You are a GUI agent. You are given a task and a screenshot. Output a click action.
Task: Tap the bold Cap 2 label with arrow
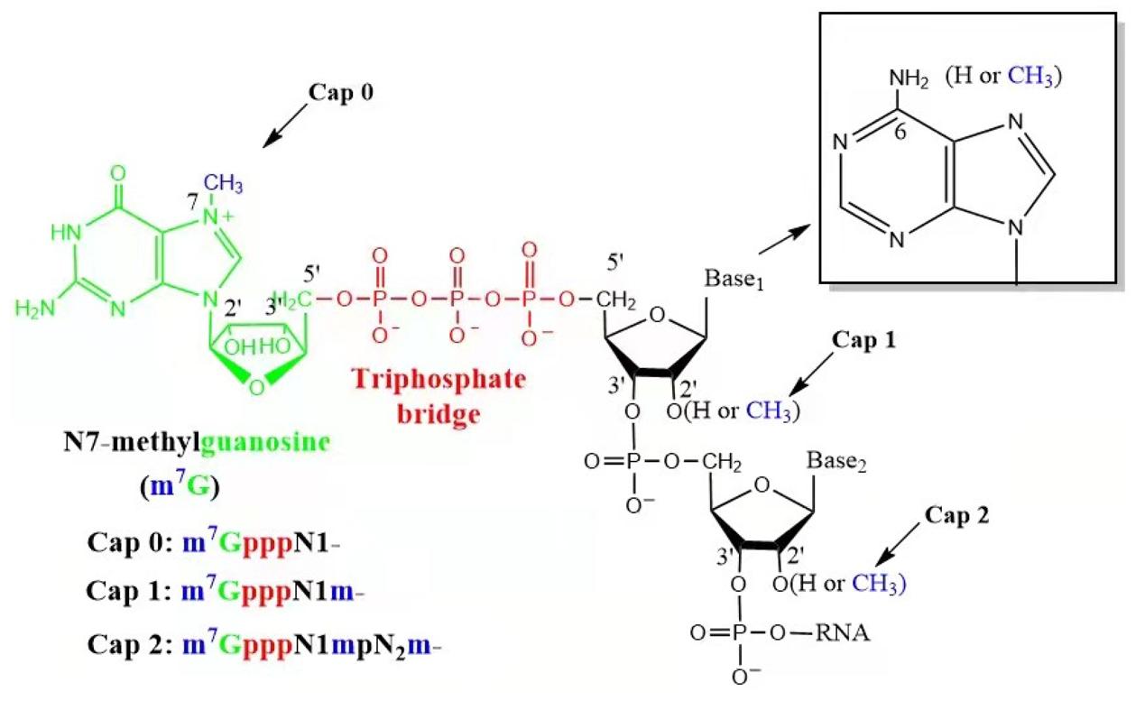click(957, 517)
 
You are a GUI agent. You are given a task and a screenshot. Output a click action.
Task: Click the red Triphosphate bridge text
click(451, 393)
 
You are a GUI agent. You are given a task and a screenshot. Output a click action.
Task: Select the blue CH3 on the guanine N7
click(222, 184)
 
